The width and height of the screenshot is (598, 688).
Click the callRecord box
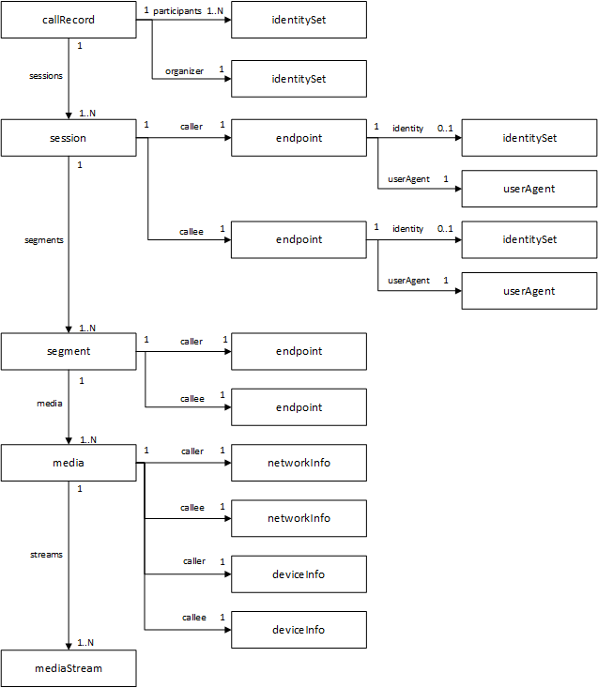tap(69, 20)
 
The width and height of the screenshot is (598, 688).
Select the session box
tap(69, 138)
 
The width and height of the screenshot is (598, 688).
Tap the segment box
tap(69, 351)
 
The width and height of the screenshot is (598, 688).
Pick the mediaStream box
tap(69, 668)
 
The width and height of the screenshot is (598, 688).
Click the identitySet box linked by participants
tap(299, 20)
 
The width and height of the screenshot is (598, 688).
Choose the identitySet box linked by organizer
tap(299, 79)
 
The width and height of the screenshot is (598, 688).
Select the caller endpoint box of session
tap(299, 138)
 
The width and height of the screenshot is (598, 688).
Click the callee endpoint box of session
tap(299, 239)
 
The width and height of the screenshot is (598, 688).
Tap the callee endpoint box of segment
tap(299, 407)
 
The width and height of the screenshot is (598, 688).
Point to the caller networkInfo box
tap(299, 463)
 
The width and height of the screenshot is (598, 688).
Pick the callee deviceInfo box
tap(299, 629)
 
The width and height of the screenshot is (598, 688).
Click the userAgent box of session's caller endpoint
tap(529, 189)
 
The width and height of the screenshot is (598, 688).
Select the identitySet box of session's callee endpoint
tap(529, 239)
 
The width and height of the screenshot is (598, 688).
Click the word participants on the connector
tap(177, 10)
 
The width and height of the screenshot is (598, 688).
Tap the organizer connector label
tap(184, 70)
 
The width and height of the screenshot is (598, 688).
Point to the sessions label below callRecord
tap(47, 76)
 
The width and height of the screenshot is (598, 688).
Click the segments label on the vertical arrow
tap(44, 240)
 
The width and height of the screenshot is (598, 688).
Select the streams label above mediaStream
tap(46, 555)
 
